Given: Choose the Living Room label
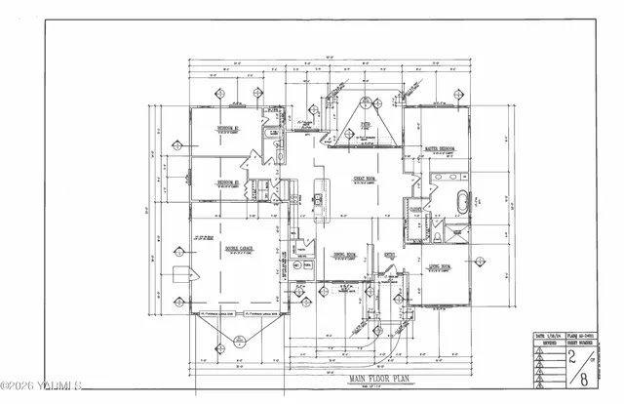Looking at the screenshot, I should point(438,265).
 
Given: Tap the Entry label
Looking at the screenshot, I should point(389,255).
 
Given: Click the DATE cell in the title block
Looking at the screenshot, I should point(541,335).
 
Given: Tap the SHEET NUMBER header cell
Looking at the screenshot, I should point(584,342).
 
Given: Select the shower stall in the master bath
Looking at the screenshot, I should point(454,235).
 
